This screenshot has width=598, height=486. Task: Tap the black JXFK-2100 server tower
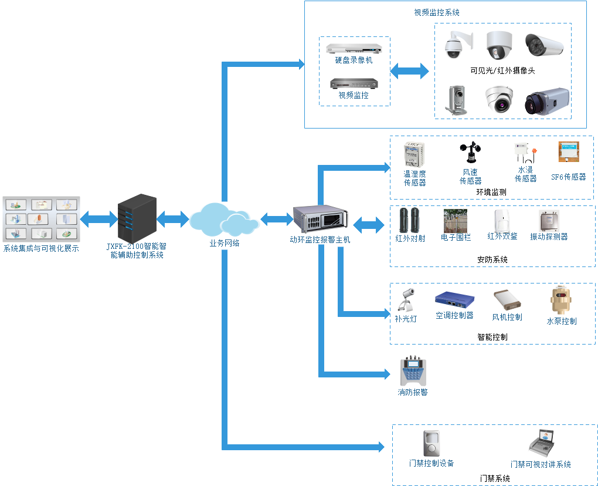(x=137, y=217)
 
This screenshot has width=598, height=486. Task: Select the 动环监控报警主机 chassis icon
(x=320, y=220)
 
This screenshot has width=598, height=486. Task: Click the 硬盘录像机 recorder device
(x=354, y=48)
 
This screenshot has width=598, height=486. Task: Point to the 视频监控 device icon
(x=354, y=83)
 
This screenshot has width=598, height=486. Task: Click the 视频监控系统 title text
(x=437, y=12)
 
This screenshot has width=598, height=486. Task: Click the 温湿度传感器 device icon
(x=414, y=155)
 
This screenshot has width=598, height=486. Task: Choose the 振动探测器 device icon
(x=549, y=221)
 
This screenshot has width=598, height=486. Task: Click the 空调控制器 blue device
(x=454, y=300)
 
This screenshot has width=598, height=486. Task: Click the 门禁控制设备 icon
(x=431, y=444)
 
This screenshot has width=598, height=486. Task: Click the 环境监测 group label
(x=491, y=192)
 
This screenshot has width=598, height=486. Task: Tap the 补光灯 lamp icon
(x=406, y=301)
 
